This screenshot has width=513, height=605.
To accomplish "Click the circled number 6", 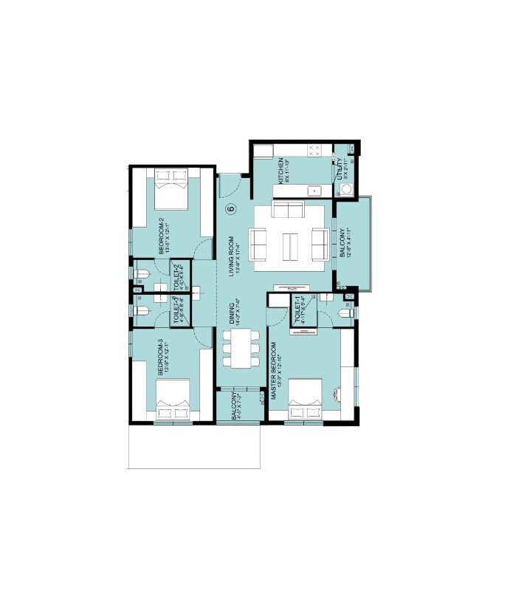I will tap(230, 209).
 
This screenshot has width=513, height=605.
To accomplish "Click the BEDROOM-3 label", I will tap(162, 358).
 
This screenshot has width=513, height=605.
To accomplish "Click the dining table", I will tap(240, 346).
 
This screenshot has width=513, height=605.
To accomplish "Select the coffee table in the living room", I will tap(289, 243).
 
